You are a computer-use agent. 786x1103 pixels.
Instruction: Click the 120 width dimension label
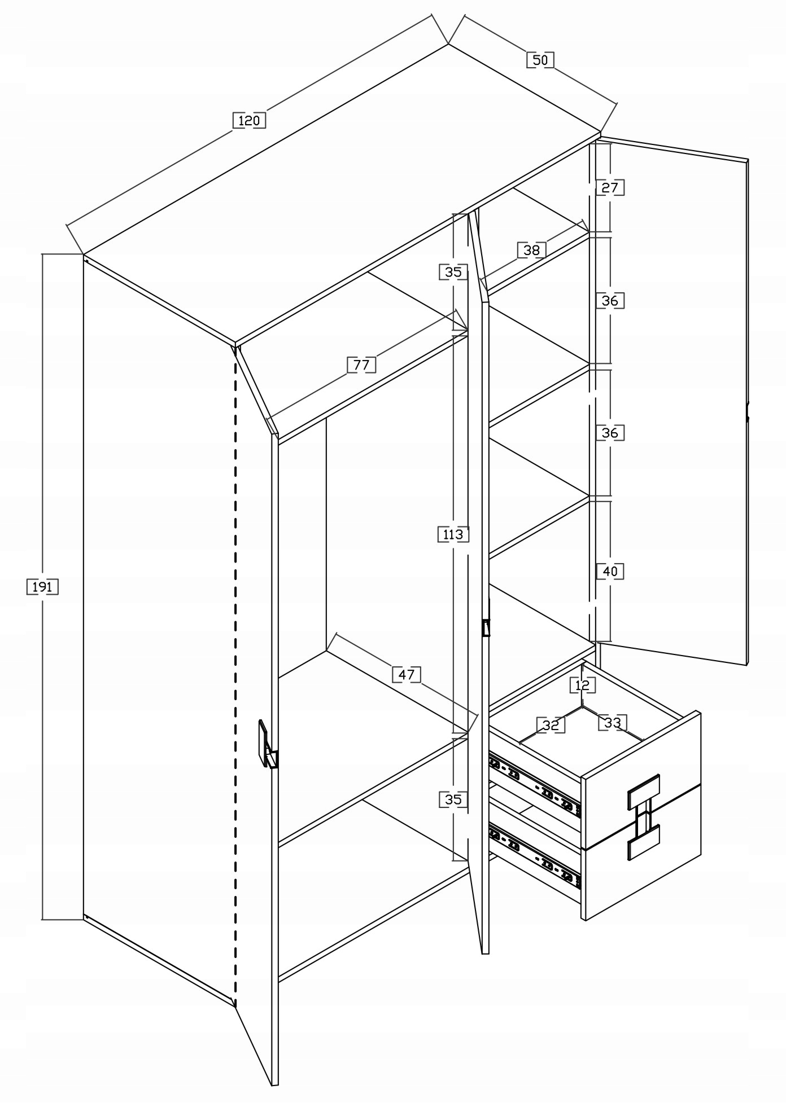[248, 120]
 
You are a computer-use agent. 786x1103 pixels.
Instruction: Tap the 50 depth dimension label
[540, 60]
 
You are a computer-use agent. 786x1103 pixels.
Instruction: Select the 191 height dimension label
[42, 587]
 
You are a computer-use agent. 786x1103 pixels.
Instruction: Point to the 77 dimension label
[361, 365]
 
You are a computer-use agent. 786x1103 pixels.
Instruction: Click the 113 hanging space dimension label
[453, 534]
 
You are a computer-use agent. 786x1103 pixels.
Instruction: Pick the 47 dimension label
[407, 674]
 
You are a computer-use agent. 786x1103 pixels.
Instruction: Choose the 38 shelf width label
[531, 250]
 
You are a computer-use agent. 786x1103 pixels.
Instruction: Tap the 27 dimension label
[610, 187]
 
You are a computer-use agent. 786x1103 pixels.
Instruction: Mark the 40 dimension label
[610, 571]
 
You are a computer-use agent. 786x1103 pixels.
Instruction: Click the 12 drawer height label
[582, 685]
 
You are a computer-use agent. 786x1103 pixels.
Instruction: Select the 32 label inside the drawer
[550, 725]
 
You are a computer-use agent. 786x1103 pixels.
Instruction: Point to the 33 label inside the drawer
[612, 722]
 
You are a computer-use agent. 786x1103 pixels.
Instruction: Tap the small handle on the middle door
[486, 627]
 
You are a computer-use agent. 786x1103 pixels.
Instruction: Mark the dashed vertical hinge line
[235, 677]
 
